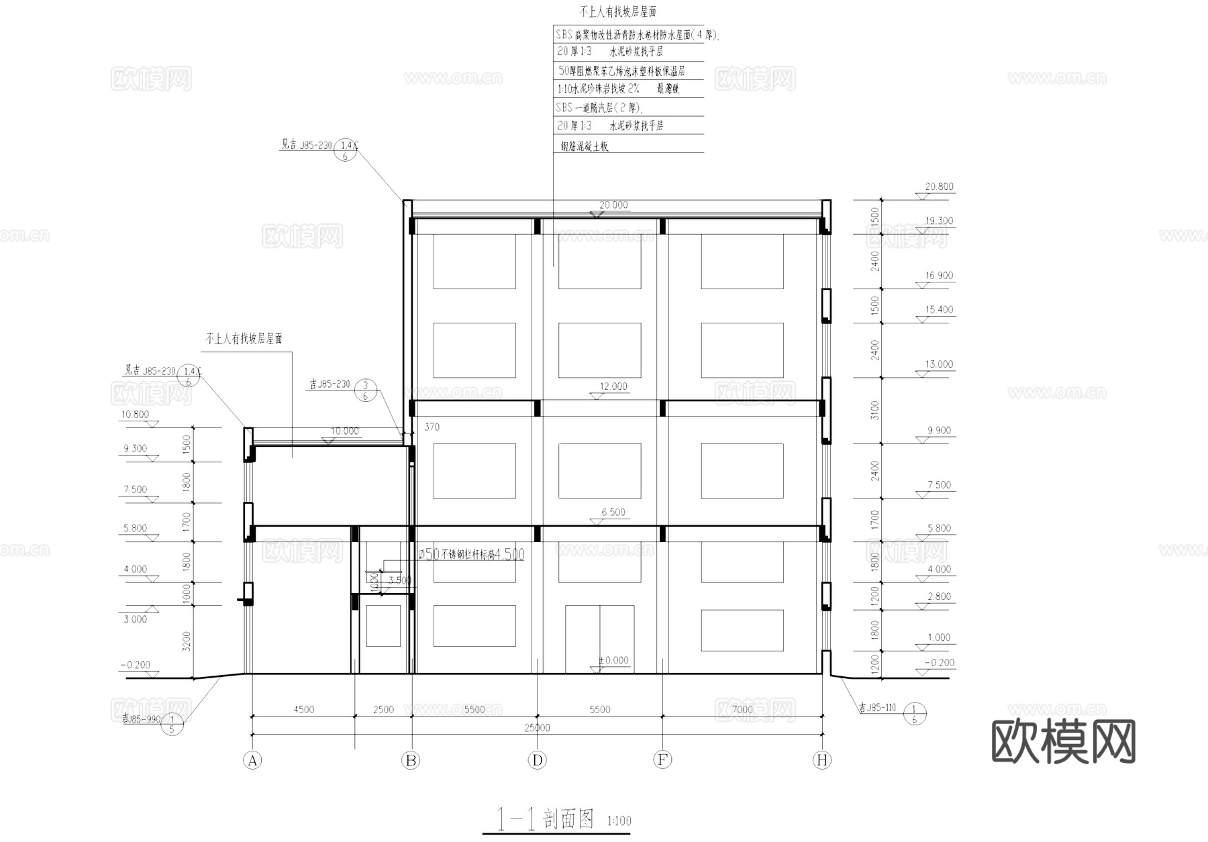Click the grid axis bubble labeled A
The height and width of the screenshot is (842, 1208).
(252, 760)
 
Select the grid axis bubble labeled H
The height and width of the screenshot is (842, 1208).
(821, 760)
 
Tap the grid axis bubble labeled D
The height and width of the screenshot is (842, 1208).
(537, 760)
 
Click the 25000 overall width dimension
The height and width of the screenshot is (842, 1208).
(537, 728)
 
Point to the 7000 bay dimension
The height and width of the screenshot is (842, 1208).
(742, 709)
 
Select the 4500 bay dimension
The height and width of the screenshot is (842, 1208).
(303, 709)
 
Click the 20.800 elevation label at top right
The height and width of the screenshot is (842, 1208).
(939, 187)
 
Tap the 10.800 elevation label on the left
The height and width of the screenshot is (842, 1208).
(135, 415)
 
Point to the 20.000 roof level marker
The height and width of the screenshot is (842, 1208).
(613, 205)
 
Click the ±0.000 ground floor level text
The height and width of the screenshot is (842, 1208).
(613, 661)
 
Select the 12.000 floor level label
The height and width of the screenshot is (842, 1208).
(613, 386)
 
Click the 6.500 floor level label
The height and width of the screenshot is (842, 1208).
(613, 512)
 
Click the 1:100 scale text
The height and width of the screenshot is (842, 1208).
(619, 821)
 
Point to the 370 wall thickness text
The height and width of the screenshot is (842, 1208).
(432, 427)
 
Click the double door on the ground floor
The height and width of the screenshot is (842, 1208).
(599, 639)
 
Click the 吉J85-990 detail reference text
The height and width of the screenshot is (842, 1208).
(142, 717)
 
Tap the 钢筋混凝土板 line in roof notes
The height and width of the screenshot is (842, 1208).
(584, 146)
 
